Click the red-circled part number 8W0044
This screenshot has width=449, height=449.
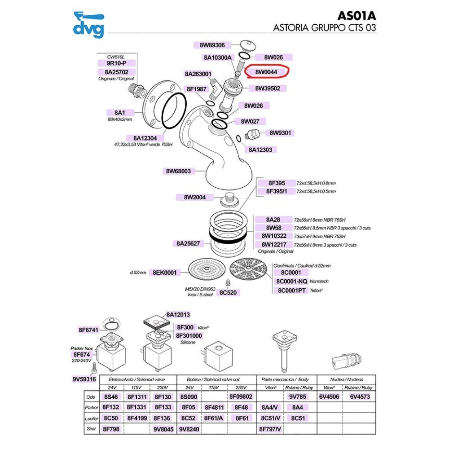point(266,72)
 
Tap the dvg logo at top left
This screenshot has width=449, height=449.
point(89,25)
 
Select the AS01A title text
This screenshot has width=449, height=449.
point(357,16)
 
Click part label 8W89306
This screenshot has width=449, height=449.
point(212,45)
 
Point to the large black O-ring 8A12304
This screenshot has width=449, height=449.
point(174,111)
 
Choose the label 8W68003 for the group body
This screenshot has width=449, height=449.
point(178,171)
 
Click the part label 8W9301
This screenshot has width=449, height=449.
point(280,133)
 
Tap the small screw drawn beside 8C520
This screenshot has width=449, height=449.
point(228,283)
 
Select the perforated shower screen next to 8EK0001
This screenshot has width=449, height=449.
point(206,270)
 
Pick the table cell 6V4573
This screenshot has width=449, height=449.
point(360,396)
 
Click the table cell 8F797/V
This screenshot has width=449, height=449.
point(270,429)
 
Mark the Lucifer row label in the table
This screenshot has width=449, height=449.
point(91,418)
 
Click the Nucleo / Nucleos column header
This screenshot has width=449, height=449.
point(347,379)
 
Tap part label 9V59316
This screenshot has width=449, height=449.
point(84,379)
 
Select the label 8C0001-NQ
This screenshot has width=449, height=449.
point(291,282)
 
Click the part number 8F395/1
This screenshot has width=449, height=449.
point(277,191)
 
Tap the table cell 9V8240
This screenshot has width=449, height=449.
point(189,429)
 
